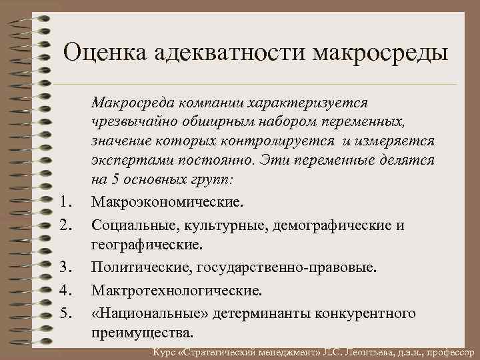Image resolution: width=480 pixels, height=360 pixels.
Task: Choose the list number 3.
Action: tap(65, 268)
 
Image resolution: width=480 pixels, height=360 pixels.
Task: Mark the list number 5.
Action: tap(65, 312)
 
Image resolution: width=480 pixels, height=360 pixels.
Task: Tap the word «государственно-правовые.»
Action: tap(287, 268)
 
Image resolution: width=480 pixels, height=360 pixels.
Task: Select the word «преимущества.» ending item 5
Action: tap(143, 331)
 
